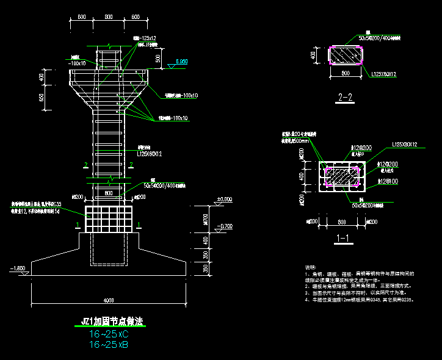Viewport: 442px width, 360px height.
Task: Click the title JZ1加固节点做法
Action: coord(107,321)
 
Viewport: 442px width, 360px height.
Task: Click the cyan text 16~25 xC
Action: coord(109,334)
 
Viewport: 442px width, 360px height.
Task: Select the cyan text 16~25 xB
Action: coord(109,345)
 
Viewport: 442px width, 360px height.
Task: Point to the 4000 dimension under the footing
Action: coord(108,300)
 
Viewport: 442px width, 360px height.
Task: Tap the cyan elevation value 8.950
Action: coord(181,62)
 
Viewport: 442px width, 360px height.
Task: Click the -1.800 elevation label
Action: coord(18,268)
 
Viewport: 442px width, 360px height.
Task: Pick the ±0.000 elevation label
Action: coord(224,200)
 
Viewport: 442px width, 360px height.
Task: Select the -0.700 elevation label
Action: coord(224,226)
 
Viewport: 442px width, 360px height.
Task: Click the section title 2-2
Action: coord(345,97)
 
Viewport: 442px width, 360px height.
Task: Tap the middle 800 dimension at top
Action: coord(108,17)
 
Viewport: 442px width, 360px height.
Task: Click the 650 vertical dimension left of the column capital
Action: coord(42,99)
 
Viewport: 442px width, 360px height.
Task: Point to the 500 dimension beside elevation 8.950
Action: coord(158,59)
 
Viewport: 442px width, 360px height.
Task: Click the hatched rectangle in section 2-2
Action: coord(346,54)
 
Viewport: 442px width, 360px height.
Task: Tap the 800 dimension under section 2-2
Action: coord(346,74)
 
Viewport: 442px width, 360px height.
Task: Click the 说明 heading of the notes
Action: coord(311,267)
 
